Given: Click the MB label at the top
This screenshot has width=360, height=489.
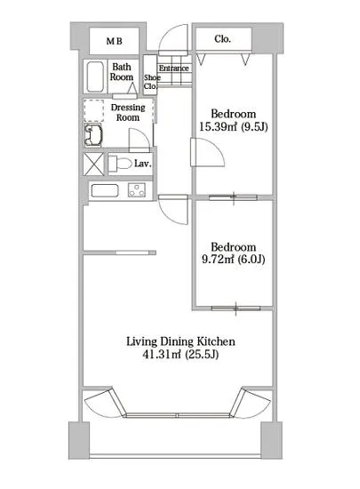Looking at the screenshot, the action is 114,41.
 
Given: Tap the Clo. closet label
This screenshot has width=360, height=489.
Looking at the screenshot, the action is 222,39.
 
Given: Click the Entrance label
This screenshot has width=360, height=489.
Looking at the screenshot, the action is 173,68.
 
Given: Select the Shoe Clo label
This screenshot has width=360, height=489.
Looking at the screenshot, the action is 152,82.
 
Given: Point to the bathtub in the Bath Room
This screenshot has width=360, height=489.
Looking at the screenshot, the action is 95,76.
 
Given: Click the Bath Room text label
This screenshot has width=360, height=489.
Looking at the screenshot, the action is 122,72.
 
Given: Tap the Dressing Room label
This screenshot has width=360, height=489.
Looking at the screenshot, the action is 128,112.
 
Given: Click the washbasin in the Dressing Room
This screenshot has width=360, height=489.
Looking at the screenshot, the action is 93,135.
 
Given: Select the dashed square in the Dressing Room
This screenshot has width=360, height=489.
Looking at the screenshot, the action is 94,111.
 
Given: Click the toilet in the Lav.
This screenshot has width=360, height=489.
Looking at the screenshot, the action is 120,164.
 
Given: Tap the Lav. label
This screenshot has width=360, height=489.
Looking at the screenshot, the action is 143,164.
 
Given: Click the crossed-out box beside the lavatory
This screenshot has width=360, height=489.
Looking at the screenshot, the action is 94,164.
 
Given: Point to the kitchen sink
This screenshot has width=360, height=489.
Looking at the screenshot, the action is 105,190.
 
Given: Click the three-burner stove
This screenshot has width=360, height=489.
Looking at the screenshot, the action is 137,190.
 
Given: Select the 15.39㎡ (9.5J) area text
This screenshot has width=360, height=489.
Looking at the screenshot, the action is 234,126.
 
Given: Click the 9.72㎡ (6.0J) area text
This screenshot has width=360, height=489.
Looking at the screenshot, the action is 234,259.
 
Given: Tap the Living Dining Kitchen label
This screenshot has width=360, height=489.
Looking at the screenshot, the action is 180,341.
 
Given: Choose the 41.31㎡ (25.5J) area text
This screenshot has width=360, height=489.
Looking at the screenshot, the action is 180,355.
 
